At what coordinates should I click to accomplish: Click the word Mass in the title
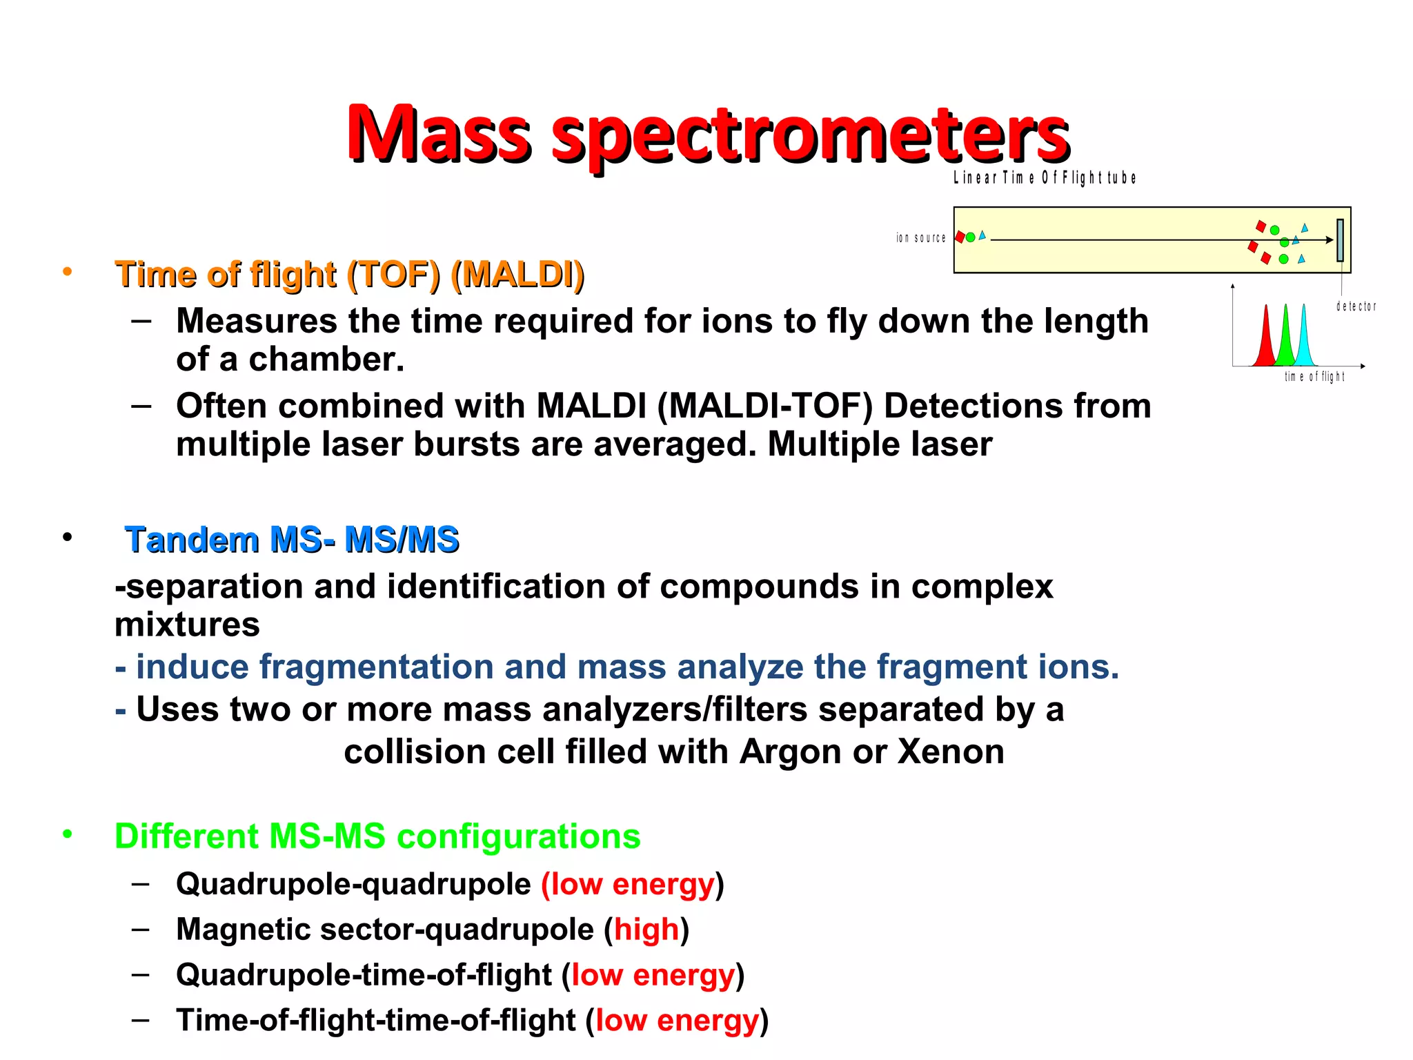439,133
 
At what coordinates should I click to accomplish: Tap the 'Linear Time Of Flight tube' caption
1045,178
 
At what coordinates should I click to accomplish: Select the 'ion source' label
920,238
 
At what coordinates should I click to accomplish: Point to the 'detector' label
1356,306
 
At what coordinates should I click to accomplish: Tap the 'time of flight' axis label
1314,377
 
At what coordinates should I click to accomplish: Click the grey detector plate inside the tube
1340,240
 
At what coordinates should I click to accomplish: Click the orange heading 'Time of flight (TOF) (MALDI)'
349,275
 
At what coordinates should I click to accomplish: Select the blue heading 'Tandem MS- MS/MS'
291,540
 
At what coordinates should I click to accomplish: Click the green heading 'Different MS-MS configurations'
377,836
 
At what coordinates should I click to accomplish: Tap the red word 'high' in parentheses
646,930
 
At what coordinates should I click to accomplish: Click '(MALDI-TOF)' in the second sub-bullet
764,406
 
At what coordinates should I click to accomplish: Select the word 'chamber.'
326,360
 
